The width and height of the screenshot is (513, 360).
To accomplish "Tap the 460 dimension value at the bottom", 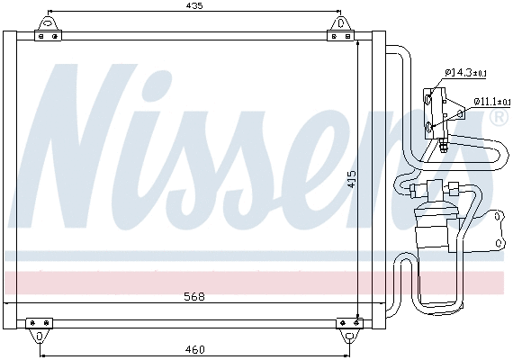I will pyautogui.click(x=195, y=349).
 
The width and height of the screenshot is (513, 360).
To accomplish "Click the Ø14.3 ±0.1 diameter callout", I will pyautogui.click(x=467, y=73).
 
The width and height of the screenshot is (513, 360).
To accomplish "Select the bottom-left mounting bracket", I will pyautogui.click(x=39, y=327).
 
